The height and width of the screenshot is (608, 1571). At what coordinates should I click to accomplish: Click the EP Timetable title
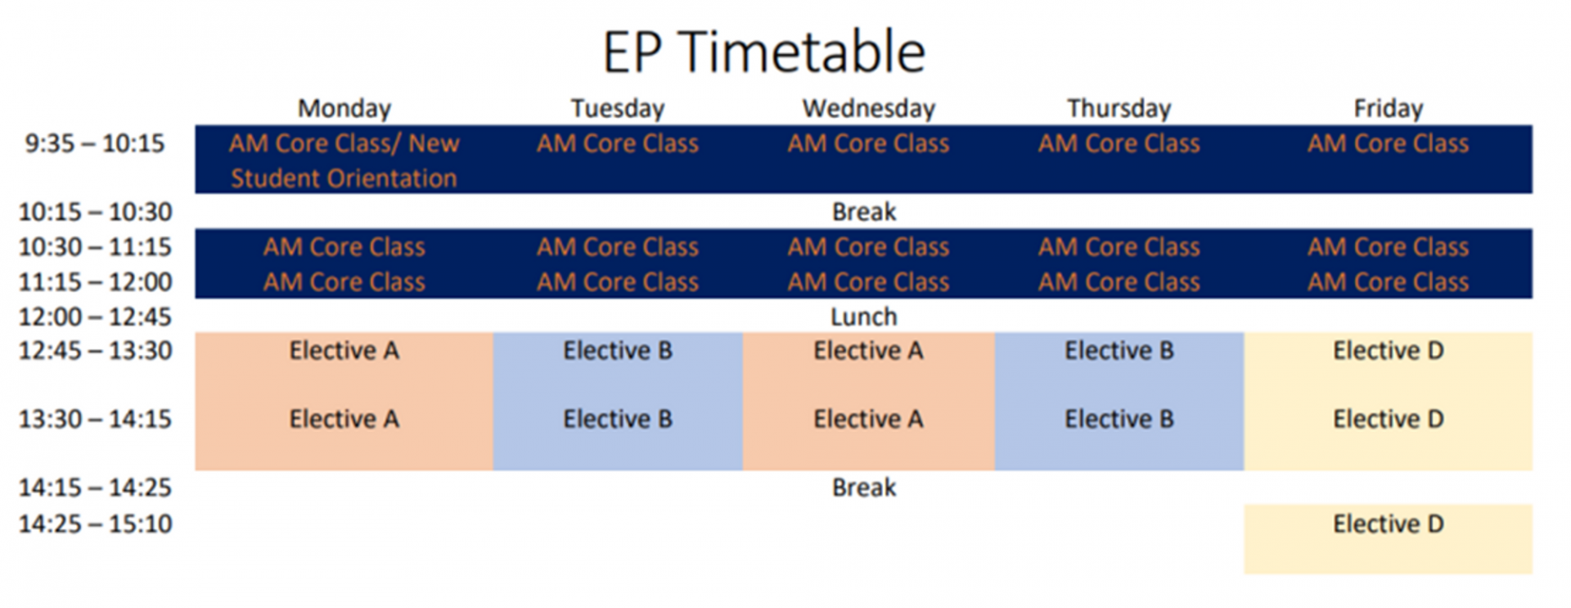tap(763, 52)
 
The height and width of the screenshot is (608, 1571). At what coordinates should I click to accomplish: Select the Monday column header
tap(344, 108)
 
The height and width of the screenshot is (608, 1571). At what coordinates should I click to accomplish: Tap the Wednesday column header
tap(868, 108)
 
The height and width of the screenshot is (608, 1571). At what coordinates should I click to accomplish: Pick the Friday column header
tap(1389, 108)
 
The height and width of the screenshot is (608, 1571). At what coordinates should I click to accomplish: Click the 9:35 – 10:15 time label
tap(95, 143)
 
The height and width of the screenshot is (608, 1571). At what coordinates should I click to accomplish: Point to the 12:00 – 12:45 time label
tap(95, 317)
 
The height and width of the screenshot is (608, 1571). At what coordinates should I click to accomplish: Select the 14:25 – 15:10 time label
tap(95, 524)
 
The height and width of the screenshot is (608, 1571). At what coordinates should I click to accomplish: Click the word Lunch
tap(864, 317)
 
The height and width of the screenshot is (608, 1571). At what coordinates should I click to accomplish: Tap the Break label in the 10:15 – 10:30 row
tap(864, 212)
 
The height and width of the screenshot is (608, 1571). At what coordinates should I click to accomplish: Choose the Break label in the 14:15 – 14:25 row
tap(864, 488)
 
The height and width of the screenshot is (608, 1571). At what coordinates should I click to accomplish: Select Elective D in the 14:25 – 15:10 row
tap(1389, 524)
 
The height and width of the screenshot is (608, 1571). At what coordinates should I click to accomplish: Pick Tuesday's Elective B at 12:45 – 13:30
tap(618, 350)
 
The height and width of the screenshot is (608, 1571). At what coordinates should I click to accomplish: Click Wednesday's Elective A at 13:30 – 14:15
tap(868, 419)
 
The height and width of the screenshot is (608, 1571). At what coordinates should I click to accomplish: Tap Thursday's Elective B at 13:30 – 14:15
tap(1119, 419)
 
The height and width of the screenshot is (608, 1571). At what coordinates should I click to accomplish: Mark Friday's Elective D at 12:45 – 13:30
tap(1389, 350)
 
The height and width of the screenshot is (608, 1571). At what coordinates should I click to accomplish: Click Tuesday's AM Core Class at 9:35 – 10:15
tap(618, 143)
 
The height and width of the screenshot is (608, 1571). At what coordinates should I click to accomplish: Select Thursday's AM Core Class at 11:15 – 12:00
tap(1119, 282)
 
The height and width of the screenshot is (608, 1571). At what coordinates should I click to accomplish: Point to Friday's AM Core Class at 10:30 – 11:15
tap(1389, 247)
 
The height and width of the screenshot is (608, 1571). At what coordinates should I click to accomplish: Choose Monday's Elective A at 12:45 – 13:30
tap(344, 350)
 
